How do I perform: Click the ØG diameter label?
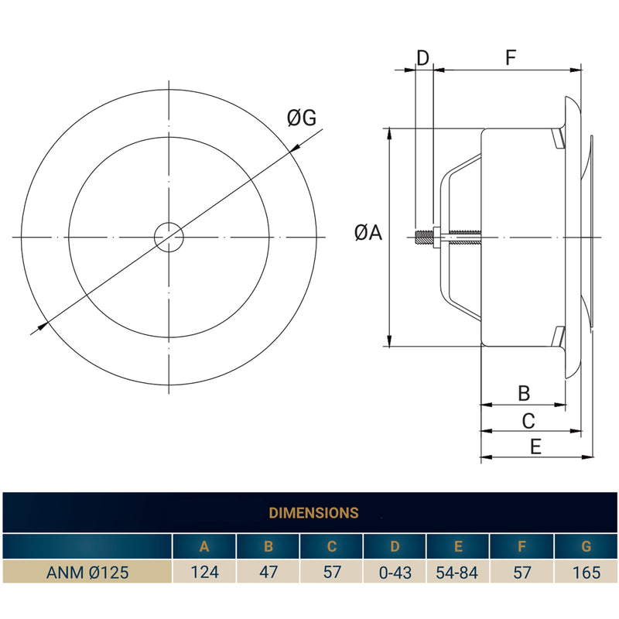coord(302,118)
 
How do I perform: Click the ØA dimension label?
coord(368,232)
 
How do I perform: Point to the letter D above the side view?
coord(422,57)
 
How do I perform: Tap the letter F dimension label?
coord(510,57)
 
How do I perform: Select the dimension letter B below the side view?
coord(524,393)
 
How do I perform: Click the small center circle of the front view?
coord(168,237)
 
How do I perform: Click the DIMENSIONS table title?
coord(313,513)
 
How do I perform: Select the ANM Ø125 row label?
coord(87,573)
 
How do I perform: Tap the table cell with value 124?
coord(204,573)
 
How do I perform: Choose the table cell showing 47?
coord(268,573)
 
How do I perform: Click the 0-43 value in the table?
coord(395,573)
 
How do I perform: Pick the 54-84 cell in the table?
coord(458,573)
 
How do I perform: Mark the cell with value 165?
coord(586,573)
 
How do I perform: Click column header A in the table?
coord(204,547)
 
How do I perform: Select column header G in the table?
coord(586,547)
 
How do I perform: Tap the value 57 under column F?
coord(522,573)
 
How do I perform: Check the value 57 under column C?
coord(331,573)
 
